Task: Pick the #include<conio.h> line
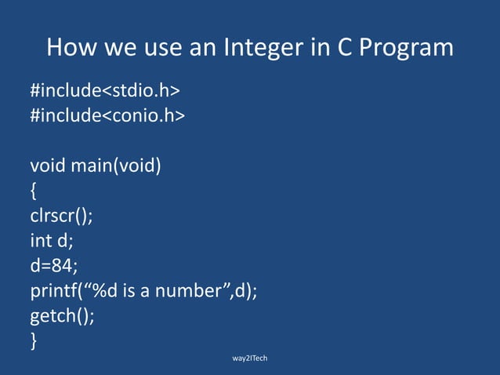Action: pyautogui.click(x=107, y=116)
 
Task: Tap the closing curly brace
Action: pyautogui.click(x=34, y=341)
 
